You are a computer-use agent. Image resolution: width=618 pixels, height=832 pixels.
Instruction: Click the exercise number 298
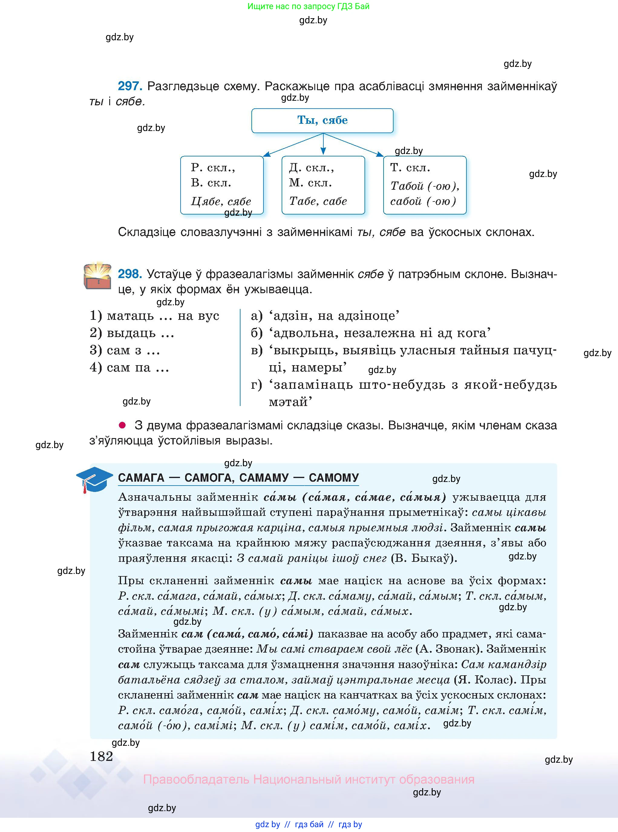coord(129,274)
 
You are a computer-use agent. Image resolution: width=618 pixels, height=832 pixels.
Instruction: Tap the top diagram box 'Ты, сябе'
coord(322,120)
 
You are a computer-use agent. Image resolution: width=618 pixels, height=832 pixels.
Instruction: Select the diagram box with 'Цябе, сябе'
coord(222,185)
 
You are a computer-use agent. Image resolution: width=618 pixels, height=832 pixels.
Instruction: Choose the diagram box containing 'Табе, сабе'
coord(323,185)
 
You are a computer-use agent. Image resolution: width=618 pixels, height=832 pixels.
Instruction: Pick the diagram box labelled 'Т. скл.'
coord(425,185)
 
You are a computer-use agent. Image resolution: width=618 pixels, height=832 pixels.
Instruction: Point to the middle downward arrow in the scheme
coord(323,144)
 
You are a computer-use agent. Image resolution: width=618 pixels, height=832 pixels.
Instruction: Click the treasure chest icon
coord(97,276)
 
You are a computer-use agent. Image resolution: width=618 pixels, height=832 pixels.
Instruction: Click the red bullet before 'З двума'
coord(122,425)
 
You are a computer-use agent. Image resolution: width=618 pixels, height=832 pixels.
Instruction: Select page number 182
coord(101,756)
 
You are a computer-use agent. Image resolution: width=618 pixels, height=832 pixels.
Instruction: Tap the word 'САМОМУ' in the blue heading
coord(334,478)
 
